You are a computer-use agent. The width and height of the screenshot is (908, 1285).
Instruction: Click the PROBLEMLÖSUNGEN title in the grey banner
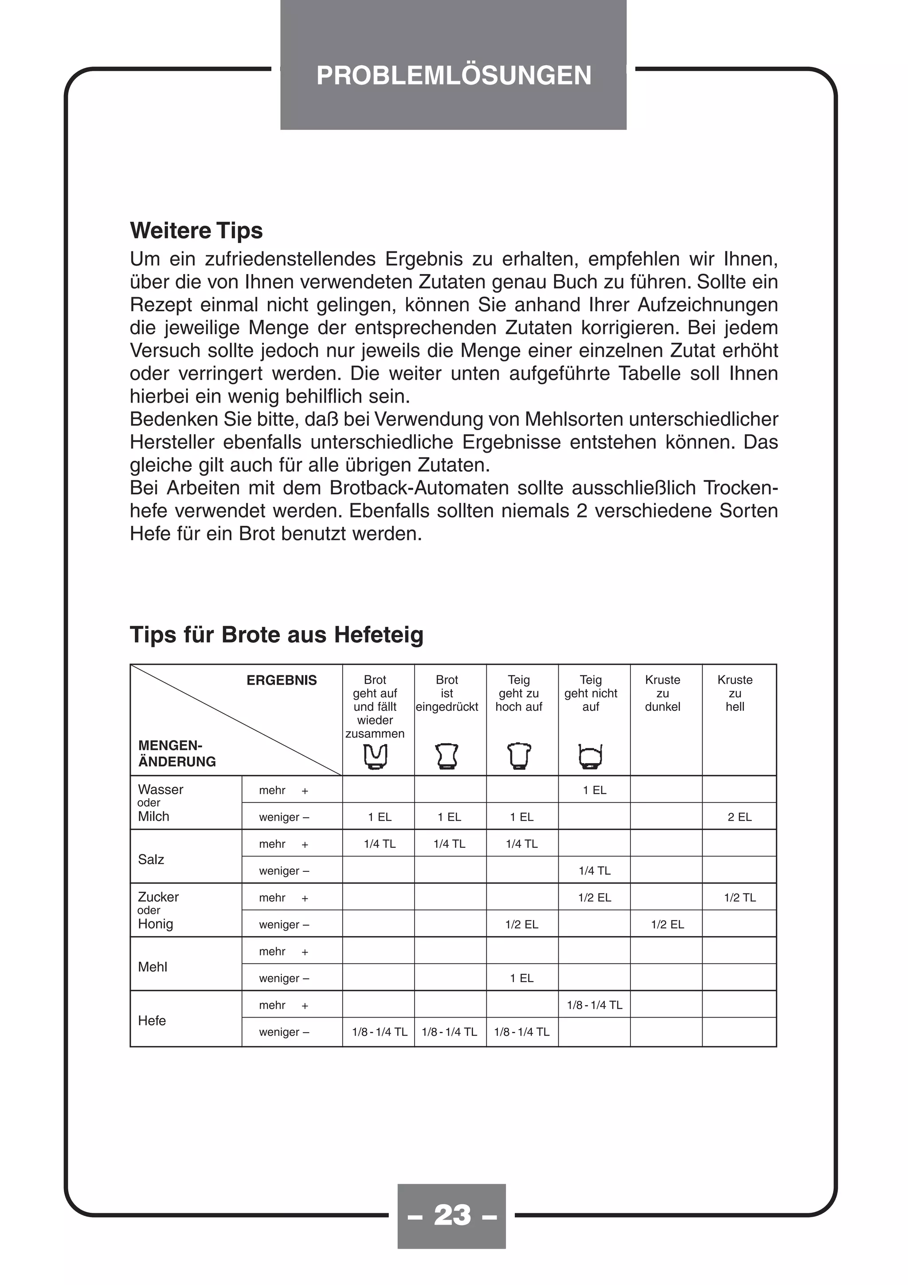(x=453, y=75)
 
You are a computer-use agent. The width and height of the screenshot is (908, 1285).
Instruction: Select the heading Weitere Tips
(x=196, y=231)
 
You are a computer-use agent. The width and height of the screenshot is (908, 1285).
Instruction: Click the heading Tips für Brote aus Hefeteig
(x=276, y=635)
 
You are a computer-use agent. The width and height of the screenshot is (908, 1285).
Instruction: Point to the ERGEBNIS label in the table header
(x=282, y=681)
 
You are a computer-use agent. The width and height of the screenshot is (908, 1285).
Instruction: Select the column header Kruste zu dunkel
(x=662, y=693)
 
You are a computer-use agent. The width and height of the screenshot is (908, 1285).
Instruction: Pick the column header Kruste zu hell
(x=735, y=693)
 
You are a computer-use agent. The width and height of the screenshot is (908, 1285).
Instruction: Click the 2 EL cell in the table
(x=739, y=817)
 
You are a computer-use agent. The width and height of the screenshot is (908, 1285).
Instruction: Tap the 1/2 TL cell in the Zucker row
(x=739, y=898)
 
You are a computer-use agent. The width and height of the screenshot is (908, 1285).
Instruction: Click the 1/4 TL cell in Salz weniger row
(x=594, y=871)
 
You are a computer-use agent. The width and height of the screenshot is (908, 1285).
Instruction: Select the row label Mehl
(x=152, y=967)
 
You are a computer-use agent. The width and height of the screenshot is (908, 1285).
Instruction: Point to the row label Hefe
(x=152, y=1021)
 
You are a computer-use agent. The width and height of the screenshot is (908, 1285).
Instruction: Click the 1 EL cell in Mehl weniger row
(x=521, y=978)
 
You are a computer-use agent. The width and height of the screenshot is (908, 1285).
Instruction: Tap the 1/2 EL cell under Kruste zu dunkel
(x=667, y=925)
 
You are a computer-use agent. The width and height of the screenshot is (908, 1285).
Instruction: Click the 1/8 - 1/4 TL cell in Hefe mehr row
(x=594, y=1005)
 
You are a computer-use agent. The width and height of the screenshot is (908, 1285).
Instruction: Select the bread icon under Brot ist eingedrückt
(x=446, y=756)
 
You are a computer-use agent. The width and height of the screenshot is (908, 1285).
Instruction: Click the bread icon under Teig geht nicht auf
(x=590, y=756)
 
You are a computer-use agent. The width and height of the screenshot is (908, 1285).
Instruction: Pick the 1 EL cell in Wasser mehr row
(x=594, y=790)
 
